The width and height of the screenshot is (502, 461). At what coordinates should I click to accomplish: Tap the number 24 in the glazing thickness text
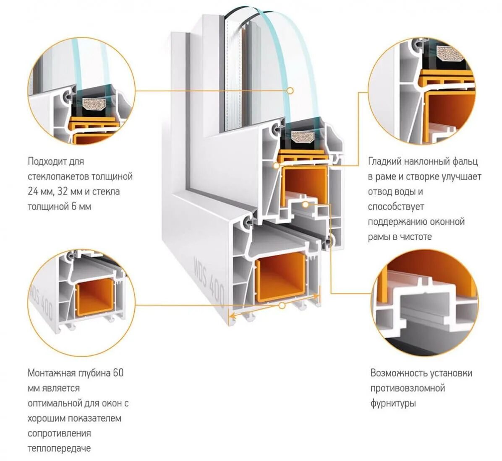pyautogui.click(x=33, y=192)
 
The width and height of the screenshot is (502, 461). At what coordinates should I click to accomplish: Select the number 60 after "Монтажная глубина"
pyautogui.click(x=118, y=373)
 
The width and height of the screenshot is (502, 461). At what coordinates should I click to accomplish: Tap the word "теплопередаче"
pyautogui.click(x=59, y=448)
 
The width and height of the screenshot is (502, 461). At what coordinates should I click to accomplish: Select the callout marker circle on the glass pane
pyautogui.click(x=290, y=90)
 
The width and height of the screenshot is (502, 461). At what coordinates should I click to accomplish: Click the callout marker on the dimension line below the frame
pyautogui.click(x=282, y=306)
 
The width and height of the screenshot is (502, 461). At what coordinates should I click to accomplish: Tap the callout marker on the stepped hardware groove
pyautogui.click(x=306, y=205)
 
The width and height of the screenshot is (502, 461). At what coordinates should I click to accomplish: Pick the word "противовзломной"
pyautogui.click(x=407, y=388)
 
